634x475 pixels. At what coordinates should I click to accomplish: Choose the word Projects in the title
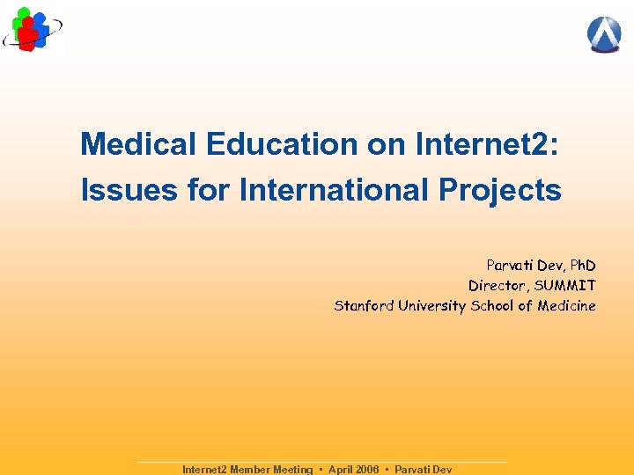[x=506, y=190]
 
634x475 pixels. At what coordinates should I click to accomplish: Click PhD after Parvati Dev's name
[x=582, y=265]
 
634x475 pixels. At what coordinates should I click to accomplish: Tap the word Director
[x=497, y=285]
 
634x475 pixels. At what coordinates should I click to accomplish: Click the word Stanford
[x=364, y=306]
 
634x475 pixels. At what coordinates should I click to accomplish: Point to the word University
[x=431, y=306]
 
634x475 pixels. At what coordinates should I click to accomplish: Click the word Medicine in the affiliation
[x=566, y=306]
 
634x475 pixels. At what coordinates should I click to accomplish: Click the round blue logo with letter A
[x=604, y=34]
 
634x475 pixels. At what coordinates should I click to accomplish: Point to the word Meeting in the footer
[x=293, y=470]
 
